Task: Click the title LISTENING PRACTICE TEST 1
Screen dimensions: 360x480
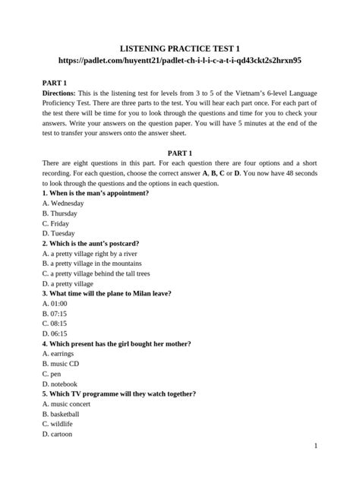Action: [x=179, y=45]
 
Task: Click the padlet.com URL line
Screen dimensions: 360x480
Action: [x=179, y=58]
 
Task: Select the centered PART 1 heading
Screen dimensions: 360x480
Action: [x=179, y=153]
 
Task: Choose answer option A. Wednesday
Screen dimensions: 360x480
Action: [x=63, y=204]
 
